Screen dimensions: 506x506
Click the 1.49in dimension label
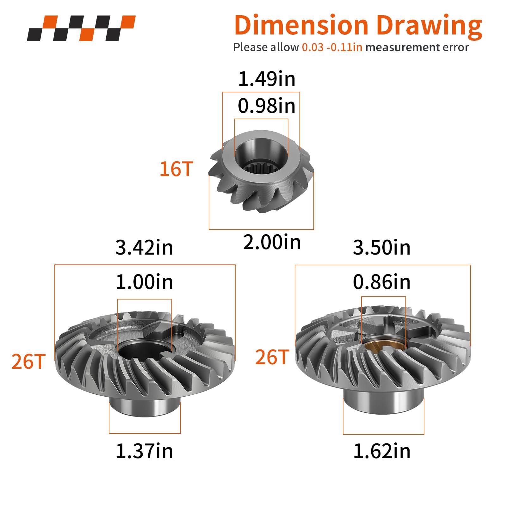(x=267, y=79)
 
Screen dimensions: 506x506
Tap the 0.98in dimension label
(x=267, y=106)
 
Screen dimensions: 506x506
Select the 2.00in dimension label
(x=272, y=243)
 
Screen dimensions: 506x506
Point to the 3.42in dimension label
(x=144, y=247)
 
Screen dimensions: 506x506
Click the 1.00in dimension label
(x=145, y=282)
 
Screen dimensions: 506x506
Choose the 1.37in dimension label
(x=145, y=451)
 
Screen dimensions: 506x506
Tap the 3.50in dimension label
(x=382, y=247)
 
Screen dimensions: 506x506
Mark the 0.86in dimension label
(x=382, y=282)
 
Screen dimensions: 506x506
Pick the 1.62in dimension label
(x=382, y=451)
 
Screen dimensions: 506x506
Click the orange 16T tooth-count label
(x=176, y=169)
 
